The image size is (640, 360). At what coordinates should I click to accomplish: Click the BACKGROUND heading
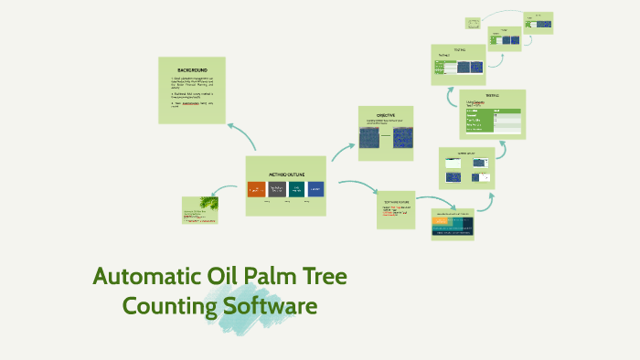click(x=192, y=70)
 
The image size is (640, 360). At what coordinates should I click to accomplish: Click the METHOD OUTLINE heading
click(x=286, y=174)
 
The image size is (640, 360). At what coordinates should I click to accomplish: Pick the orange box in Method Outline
click(x=256, y=190)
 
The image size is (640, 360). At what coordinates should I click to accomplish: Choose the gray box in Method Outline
click(x=276, y=190)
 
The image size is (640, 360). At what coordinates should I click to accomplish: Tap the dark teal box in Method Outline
click(x=296, y=190)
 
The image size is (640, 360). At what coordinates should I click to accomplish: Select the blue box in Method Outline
click(x=316, y=190)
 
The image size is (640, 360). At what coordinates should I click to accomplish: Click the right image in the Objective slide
click(x=401, y=137)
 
